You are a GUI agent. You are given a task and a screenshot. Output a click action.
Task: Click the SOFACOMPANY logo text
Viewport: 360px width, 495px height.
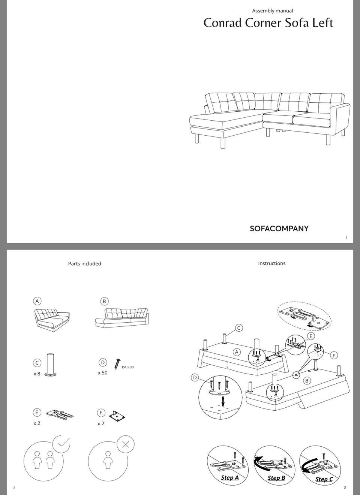pyautogui.click(x=279, y=229)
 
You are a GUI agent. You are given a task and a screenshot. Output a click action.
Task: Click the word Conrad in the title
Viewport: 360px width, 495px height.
pyautogui.click(x=222, y=23)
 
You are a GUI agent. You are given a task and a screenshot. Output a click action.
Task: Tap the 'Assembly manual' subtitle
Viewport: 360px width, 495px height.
pyautogui.click(x=272, y=10)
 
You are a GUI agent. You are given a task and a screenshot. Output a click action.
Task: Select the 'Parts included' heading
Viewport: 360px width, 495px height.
pyautogui.click(x=84, y=264)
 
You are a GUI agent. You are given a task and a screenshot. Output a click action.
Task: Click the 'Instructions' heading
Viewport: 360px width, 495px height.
pyautogui.click(x=272, y=263)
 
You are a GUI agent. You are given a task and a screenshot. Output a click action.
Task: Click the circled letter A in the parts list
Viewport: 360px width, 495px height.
pyautogui.click(x=37, y=301)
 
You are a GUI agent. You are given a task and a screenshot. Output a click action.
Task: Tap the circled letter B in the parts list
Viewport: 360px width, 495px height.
pyautogui.click(x=104, y=301)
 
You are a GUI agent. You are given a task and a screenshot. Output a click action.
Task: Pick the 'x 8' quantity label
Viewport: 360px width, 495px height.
pyautogui.click(x=37, y=374)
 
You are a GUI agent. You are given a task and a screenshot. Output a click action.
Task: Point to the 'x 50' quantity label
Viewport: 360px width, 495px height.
pyautogui.click(x=103, y=373)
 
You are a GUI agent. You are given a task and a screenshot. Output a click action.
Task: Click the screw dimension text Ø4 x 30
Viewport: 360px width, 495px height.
pyautogui.click(x=128, y=367)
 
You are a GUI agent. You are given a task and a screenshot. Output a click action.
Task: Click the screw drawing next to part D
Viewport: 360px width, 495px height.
pyautogui.click(x=117, y=364)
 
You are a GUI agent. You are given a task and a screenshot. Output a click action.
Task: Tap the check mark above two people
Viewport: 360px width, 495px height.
pyautogui.click(x=62, y=444)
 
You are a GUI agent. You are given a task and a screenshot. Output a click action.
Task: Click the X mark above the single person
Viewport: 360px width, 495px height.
pyautogui.click(x=125, y=444)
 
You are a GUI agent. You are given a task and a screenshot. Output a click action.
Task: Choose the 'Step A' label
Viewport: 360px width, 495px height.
pyautogui.click(x=230, y=478)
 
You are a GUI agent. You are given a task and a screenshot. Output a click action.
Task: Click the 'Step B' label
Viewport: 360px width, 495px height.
pyautogui.click(x=276, y=478)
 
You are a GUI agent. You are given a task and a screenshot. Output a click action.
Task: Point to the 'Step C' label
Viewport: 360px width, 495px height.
pyautogui.click(x=324, y=479)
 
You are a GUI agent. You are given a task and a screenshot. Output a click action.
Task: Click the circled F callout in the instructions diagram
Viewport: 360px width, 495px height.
pyautogui.click(x=334, y=356)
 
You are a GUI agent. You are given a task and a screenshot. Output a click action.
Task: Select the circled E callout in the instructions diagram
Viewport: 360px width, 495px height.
pyautogui.click(x=311, y=336)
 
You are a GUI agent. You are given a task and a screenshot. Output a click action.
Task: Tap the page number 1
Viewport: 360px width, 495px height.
pyautogui.click(x=346, y=238)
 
